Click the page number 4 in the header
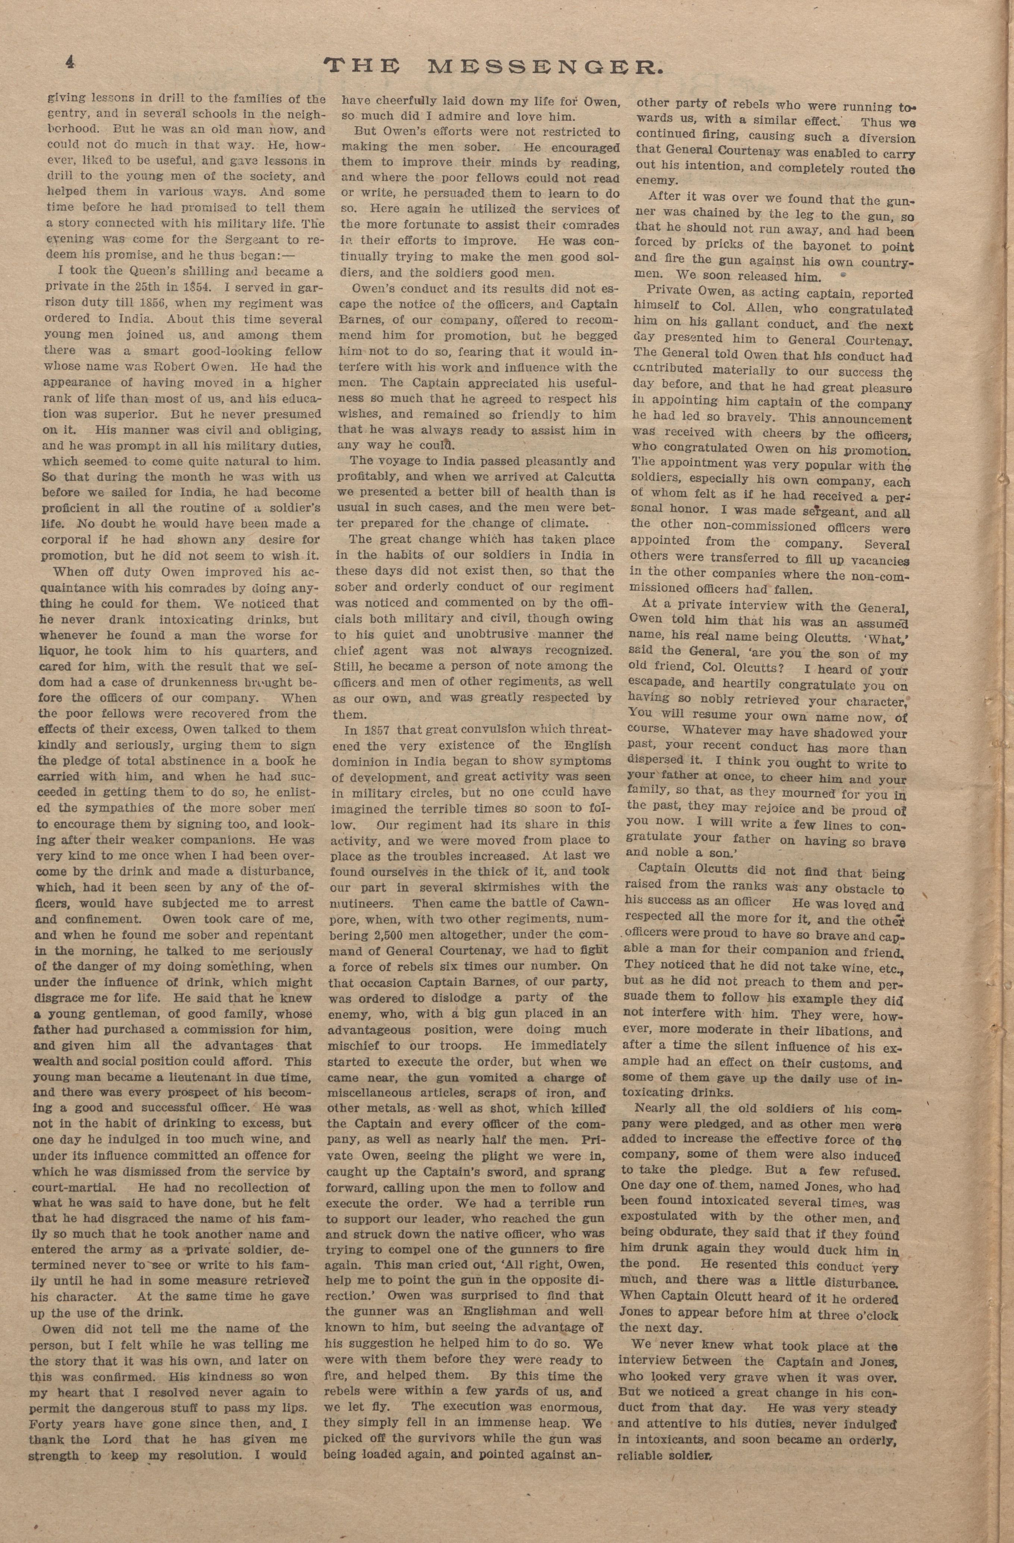pyautogui.click(x=69, y=63)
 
